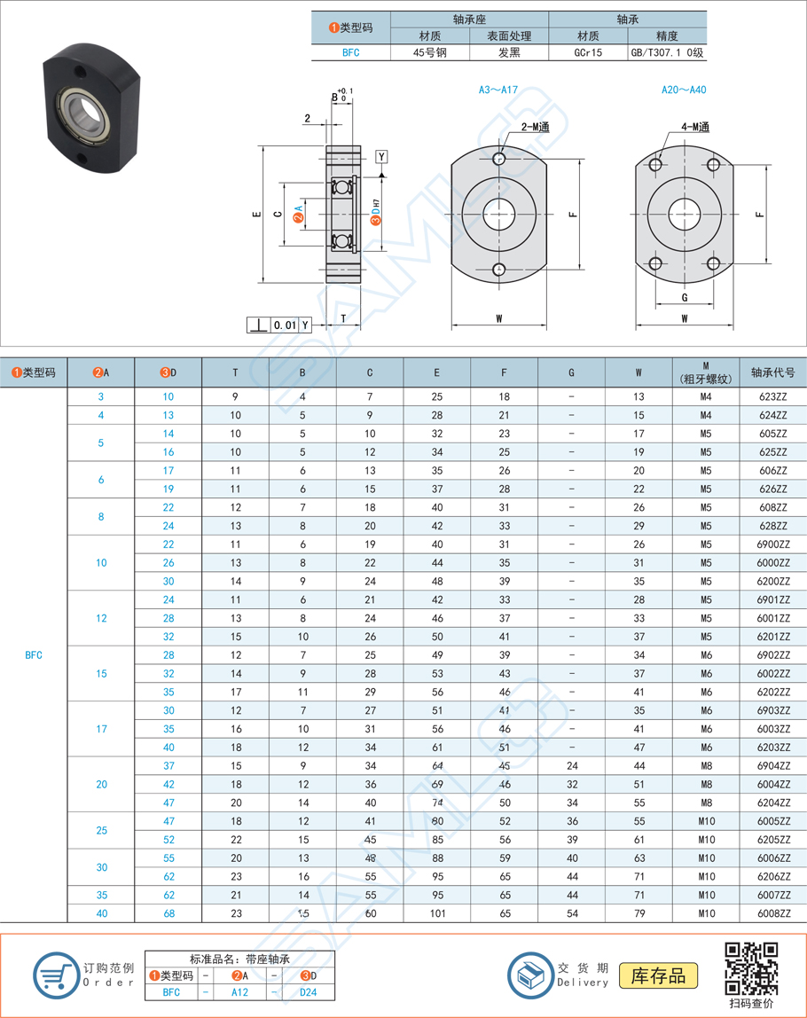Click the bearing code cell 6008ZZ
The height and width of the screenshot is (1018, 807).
point(773,913)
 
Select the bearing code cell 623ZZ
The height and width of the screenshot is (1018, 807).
point(773,396)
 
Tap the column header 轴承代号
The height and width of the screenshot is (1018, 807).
point(773,372)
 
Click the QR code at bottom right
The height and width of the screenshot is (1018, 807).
point(751,968)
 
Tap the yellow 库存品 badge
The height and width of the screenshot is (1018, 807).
point(658,976)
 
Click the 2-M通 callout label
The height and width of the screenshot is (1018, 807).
point(534,128)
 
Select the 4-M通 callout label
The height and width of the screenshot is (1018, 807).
point(694,128)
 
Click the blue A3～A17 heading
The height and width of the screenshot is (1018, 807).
point(498,90)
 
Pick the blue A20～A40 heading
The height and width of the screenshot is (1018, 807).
point(684,90)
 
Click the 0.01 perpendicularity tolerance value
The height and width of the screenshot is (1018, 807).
point(285,325)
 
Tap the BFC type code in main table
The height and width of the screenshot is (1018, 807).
point(34,655)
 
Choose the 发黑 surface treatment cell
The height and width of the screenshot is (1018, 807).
point(509,52)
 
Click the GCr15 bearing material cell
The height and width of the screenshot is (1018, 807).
point(588,52)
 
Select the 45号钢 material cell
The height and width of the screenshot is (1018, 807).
point(430,52)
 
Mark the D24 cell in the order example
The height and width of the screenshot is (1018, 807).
point(307,992)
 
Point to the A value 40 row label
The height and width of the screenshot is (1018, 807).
point(101,913)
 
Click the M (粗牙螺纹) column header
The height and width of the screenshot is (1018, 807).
point(706,372)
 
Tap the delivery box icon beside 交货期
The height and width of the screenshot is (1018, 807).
point(530,975)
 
